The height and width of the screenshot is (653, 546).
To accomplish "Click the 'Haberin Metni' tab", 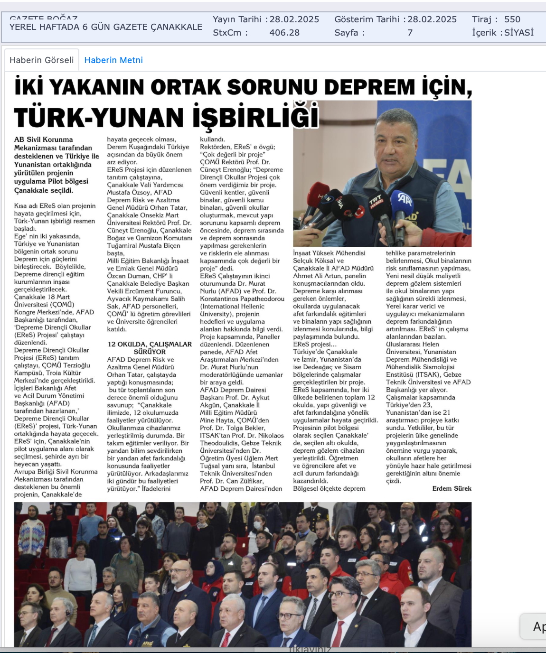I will click(x=113, y=60).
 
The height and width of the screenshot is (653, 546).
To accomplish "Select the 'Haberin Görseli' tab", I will click(x=42, y=60).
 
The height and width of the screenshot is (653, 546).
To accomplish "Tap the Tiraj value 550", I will click(x=512, y=19).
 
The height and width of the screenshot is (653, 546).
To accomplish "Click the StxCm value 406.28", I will click(x=284, y=33).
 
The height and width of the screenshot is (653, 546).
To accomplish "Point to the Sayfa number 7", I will click(x=410, y=33).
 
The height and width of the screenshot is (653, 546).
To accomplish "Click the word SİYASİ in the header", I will click(x=518, y=33).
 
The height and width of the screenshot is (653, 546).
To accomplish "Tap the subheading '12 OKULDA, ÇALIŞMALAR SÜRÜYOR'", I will click(x=150, y=348).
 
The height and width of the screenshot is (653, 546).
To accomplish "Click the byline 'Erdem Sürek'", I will click(x=452, y=488).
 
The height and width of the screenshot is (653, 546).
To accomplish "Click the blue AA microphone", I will click(x=404, y=199).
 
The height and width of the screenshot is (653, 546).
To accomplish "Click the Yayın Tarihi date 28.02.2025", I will click(x=294, y=19).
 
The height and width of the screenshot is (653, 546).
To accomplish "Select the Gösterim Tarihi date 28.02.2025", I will click(x=432, y=19).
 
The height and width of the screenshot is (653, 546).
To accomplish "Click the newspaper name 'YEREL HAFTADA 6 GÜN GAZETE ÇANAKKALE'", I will click(x=106, y=27).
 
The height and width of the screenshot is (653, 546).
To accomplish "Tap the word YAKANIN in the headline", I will click(x=97, y=87).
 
